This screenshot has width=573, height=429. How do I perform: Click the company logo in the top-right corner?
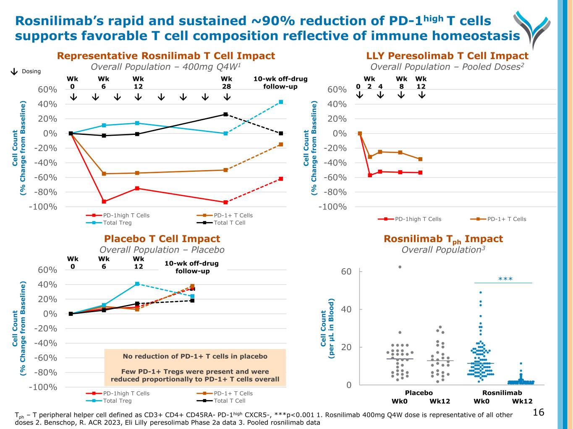(x=531, y=28)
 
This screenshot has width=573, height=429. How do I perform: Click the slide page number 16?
(x=538, y=413)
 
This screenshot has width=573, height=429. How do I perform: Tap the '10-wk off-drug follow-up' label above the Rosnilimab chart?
(x=280, y=83)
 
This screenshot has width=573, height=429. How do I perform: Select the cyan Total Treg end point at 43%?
(x=281, y=102)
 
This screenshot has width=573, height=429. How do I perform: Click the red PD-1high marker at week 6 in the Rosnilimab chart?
(x=104, y=202)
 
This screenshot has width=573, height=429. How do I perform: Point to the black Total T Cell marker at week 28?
(x=226, y=114)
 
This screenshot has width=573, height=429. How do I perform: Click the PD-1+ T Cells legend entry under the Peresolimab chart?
(x=502, y=219)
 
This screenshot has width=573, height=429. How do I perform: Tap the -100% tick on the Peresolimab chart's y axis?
(x=332, y=207)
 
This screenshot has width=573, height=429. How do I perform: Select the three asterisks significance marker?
(x=505, y=279)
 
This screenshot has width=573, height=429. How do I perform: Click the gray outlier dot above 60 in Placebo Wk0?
(x=400, y=267)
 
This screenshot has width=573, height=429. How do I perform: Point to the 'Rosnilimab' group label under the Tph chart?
(x=502, y=393)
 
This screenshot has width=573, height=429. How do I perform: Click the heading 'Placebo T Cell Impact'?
(x=162, y=239)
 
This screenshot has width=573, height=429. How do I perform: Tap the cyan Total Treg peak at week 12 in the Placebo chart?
(x=137, y=284)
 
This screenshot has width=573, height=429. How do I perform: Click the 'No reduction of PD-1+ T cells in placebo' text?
(x=195, y=357)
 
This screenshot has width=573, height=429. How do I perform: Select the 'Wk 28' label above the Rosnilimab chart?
(x=226, y=83)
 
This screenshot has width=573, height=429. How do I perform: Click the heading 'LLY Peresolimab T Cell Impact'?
(x=447, y=56)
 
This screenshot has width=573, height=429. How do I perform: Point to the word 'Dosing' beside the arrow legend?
(x=31, y=71)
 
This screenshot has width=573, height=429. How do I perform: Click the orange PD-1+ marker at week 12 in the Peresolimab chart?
(x=420, y=159)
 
